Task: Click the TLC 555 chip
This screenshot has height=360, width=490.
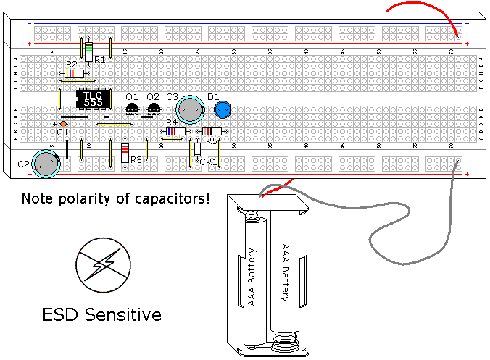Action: click(93, 99)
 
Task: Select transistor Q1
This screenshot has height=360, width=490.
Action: click(132, 109)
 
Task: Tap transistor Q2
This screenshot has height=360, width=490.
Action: click(153, 109)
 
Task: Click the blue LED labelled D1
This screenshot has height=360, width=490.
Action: click(223, 109)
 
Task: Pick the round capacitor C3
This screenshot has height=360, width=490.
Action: click(191, 109)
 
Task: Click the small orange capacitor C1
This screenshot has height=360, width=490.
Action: click(64, 124)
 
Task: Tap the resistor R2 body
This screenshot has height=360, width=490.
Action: click(73, 73)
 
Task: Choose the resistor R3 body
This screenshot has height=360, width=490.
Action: click(125, 153)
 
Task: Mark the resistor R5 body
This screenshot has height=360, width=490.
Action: click(211, 131)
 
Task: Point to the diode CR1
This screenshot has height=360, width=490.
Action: click(197, 148)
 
